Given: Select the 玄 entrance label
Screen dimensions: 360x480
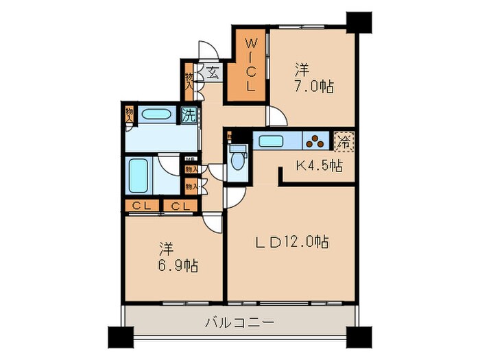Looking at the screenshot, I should [213, 72].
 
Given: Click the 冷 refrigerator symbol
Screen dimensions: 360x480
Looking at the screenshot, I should [344, 142].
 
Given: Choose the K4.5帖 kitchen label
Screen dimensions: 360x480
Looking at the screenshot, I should [319, 166].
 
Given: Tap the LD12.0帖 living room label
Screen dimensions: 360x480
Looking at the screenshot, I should [293, 241].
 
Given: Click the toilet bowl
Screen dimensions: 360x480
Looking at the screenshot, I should [237, 160].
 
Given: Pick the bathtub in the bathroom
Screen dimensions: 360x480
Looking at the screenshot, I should [139, 176].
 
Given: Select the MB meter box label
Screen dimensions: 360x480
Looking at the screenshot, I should [190, 160].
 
